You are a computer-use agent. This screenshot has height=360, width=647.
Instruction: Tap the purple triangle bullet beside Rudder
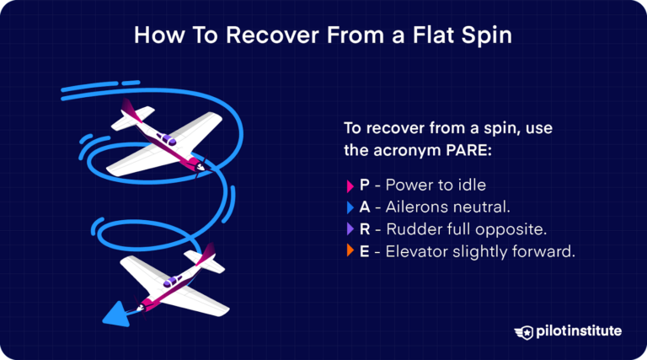tap(350, 229)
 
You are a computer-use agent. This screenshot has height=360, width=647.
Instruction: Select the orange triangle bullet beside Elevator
tap(350, 251)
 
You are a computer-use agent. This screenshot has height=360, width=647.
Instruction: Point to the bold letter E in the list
tap(365, 251)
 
